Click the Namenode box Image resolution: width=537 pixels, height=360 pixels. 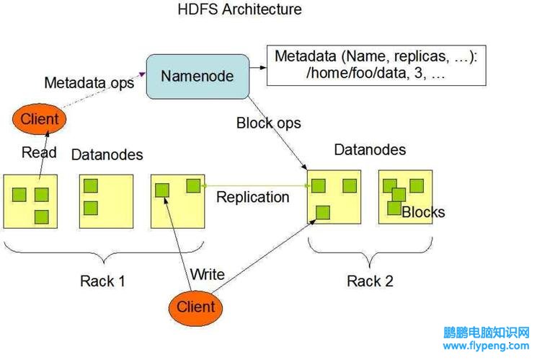pos(198,76)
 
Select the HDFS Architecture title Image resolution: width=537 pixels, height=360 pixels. pos(240,9)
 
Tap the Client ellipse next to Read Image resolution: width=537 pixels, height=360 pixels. pos(39,118)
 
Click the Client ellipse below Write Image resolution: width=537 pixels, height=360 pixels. pos(195,307)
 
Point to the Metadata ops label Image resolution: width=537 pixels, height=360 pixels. pos(89,83)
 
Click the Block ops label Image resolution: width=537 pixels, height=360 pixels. pos(268,123)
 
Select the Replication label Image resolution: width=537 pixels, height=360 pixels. pos(253,197)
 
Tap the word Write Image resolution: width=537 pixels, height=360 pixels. pos(207,274)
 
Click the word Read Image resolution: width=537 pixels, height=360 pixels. pos(39,152)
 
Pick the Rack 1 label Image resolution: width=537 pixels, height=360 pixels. pos(102,281)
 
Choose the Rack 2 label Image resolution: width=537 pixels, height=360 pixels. pos(370,281)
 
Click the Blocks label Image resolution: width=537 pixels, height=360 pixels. pos(423,212)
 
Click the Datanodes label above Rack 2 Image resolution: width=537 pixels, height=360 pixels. pos(370,150)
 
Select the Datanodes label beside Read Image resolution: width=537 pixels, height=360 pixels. pos(107,155)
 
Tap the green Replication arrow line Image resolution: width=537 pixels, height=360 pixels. pos(255,186)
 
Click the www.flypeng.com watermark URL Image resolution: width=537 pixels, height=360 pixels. pos(486,346)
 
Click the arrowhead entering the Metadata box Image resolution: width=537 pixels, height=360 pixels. pos(263,68)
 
